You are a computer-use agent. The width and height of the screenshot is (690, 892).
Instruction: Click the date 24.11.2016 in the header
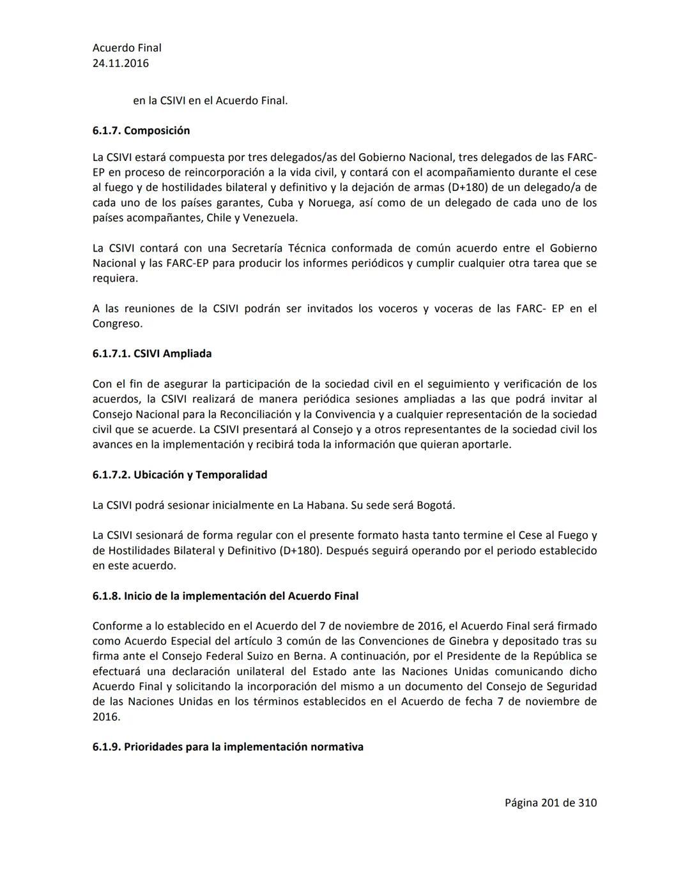(121, 63)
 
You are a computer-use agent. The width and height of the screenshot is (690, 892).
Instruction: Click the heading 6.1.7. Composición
(141, 130)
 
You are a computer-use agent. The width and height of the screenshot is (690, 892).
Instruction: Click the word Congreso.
(117, 324)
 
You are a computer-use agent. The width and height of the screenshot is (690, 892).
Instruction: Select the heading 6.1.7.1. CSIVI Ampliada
(152, 354)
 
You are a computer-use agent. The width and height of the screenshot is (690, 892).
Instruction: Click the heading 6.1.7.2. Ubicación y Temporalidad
(180, 475)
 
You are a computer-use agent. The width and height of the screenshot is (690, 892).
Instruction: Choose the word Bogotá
(436, 505)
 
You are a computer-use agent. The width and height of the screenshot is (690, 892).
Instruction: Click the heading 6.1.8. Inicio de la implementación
(225, 596)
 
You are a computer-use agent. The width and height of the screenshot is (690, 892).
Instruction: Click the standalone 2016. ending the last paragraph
(106, 716)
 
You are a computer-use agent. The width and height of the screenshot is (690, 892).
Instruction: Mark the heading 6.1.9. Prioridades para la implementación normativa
(227, 747)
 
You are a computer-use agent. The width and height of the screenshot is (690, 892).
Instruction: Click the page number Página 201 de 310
(550, 803)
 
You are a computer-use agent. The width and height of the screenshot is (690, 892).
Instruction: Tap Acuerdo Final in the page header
(126, 48)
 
